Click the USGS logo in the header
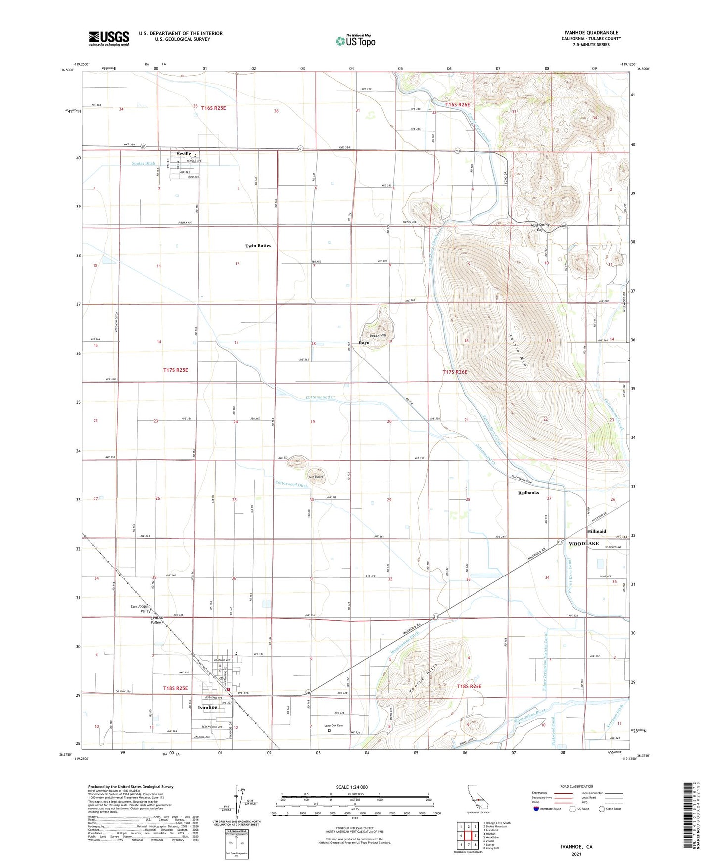[109, 38]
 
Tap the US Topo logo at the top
[355, 41]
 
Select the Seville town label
[181, 154]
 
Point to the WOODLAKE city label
[583, 544]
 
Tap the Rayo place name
[364, 343]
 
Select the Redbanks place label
[528, 493]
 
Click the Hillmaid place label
[596, 531]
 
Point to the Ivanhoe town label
[207, 707]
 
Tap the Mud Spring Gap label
[540, 227]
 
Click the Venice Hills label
[425, 672]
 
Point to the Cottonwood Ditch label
[291, 485]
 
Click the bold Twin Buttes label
[258, 246]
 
